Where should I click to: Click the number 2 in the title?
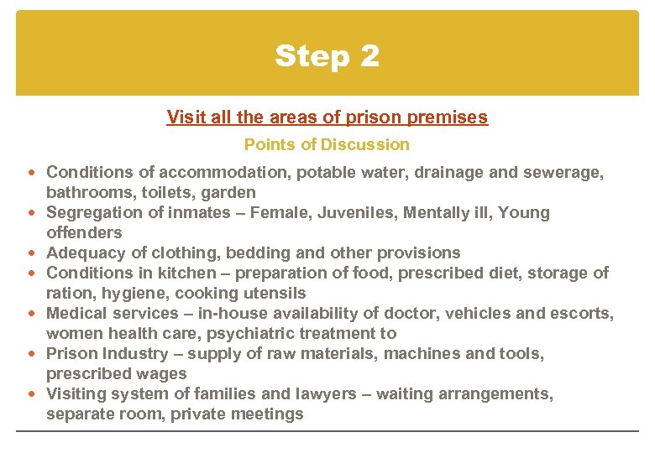point(369,57)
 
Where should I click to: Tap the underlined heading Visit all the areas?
point(327,117)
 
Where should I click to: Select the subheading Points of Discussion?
point(327,144)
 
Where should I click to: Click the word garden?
point(229,192)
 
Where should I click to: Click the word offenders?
point(84,232)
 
